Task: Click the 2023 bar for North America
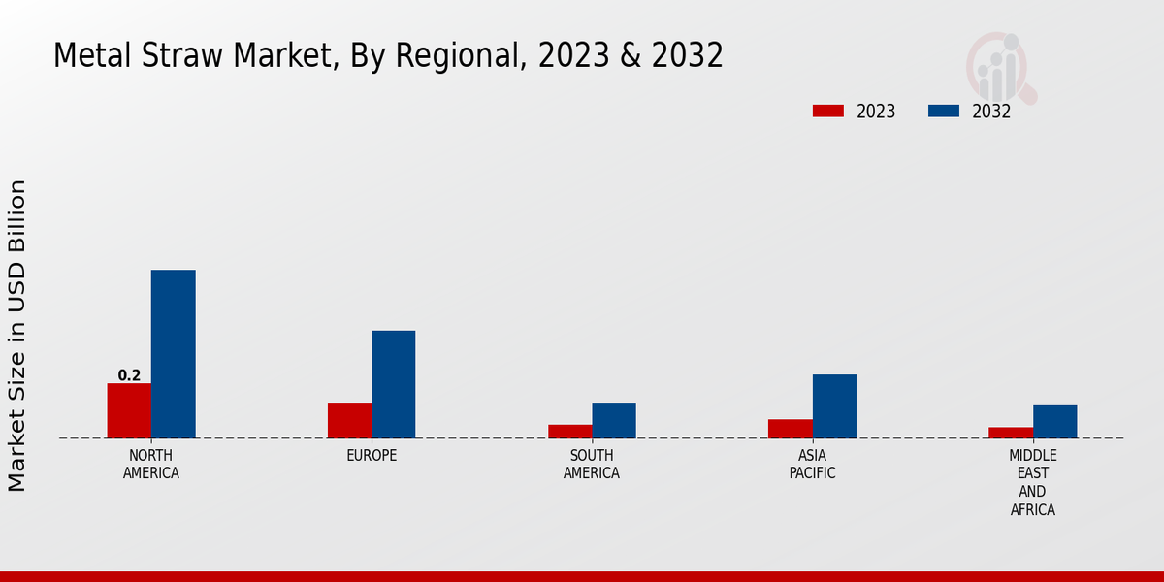click(129, 410)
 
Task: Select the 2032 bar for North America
click(173, 354)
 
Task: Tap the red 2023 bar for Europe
click(349, 420)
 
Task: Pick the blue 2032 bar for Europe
click(393, 384)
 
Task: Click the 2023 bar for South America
click(569, 432)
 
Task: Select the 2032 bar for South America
click(614, 420)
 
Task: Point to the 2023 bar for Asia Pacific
click(790, 429)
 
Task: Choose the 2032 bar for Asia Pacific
click(834, 406)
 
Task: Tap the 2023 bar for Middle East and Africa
click(1011, 433)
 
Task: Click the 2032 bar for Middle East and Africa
click(1054, 422)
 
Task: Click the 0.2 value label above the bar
click(129, 375)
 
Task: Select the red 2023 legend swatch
click(827, 112)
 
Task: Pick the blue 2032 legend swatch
click(943, 112)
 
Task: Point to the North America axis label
click(151, 465)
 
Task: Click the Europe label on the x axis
click(372, 456)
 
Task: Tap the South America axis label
click(592, 465)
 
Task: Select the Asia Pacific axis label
click(812, 465)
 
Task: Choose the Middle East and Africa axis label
click(1033, 482)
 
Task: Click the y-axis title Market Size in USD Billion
click(17, 335)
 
